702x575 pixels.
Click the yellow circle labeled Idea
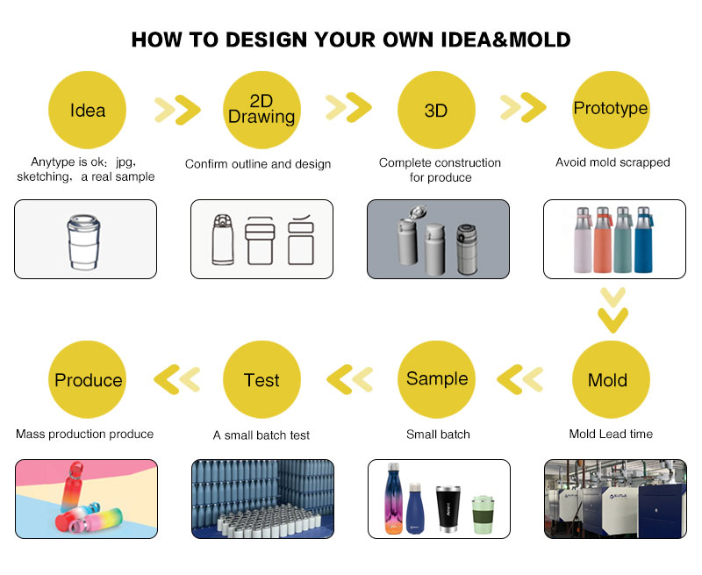tap(87, 110)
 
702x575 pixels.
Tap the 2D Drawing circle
tap(261, 110)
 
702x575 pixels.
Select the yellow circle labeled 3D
tap(436, 110)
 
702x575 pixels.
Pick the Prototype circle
tap(611, 110)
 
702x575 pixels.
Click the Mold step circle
tap(611, 380)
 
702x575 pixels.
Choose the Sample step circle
tap(436, 380)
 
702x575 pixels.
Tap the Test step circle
tap(261, 380)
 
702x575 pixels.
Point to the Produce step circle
tap(87, 380)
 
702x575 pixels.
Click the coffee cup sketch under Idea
tap(83, 241)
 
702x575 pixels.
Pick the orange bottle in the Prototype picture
tap(603, 240)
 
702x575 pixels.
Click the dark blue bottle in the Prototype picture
tap(643, 240)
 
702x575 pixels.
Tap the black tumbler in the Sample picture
tap(448, 509)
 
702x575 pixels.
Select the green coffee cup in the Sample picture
tap(484, 514)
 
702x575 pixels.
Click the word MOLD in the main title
tap(540, 40)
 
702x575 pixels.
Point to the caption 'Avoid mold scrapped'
tap(612, 162)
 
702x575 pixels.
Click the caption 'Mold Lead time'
tap(611, 434)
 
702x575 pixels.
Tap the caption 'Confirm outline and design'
tap(258, 164)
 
